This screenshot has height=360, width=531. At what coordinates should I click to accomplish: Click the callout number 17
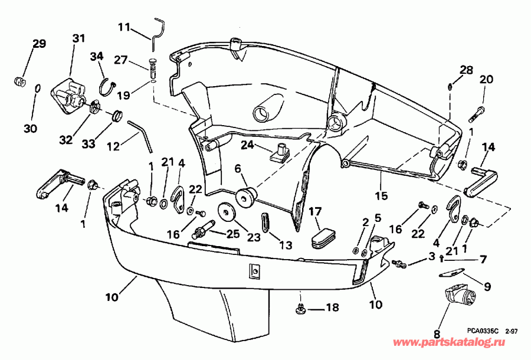pos(316,211)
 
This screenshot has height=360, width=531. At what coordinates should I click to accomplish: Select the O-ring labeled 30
pos(37,89)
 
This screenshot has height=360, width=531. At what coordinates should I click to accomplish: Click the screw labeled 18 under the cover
pos(301,307)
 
